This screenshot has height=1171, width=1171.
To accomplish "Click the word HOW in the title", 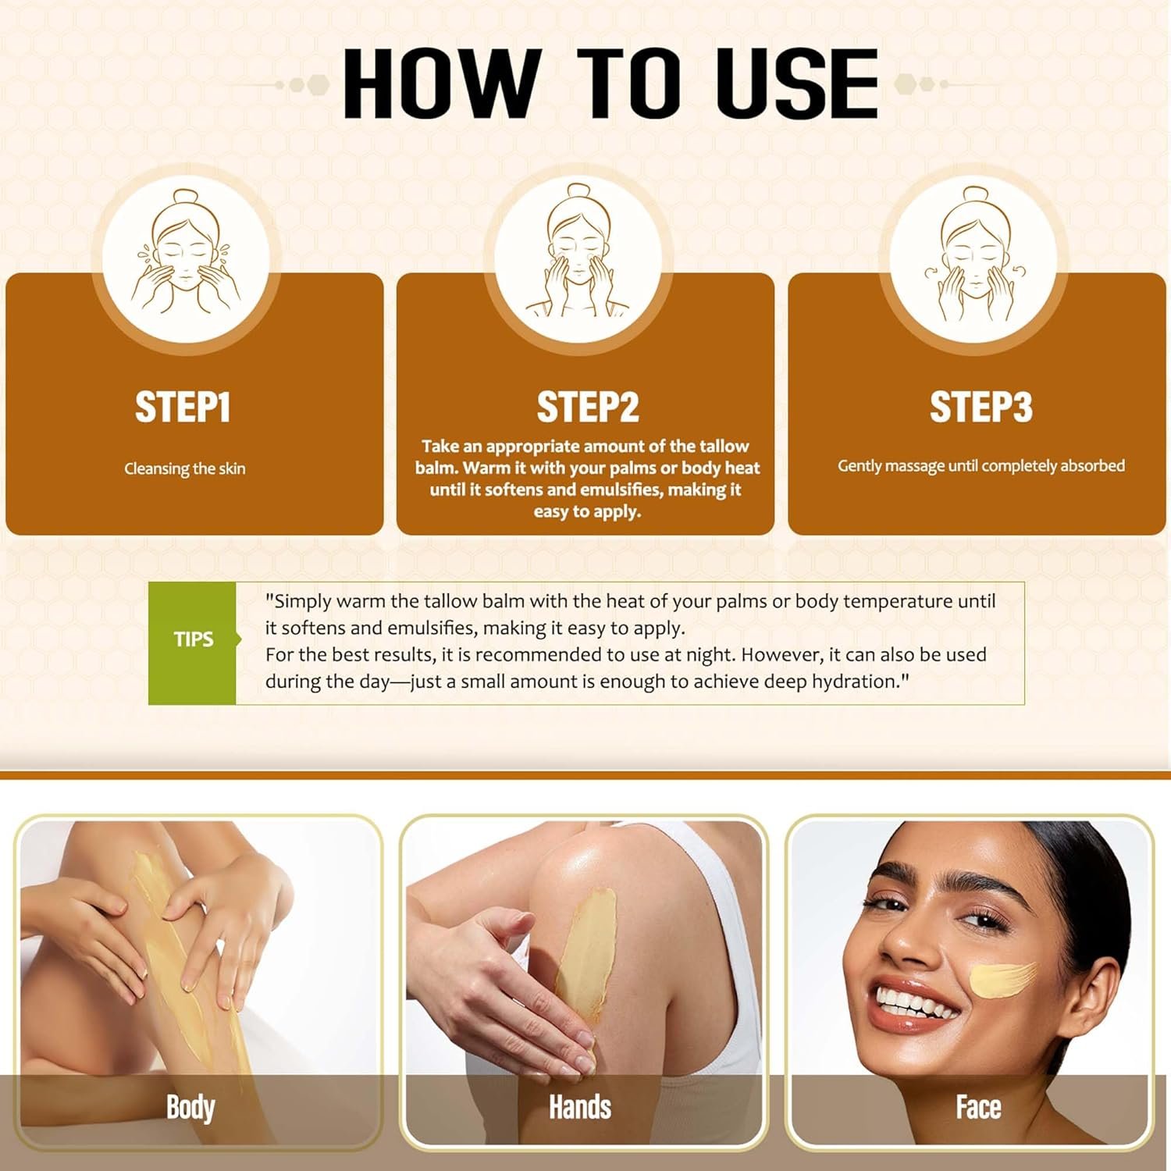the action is (441, 83).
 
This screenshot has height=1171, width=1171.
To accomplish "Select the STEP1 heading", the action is (183, 407).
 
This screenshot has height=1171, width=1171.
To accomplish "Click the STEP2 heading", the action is (587, 407).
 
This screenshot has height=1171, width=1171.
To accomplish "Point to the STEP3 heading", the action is (981, 407).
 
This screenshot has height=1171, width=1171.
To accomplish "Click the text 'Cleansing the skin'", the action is (185, 468).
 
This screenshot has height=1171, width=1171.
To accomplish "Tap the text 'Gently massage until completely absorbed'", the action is (981, 466).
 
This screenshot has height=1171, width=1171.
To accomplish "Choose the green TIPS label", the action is (193, 642).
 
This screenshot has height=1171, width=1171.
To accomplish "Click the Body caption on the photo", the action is (190, 1108).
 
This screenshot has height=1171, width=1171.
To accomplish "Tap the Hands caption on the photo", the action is (580, 1108).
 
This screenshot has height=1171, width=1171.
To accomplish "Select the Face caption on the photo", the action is (978, 1108).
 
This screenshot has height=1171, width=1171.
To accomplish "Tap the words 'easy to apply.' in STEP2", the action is (587, 511).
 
